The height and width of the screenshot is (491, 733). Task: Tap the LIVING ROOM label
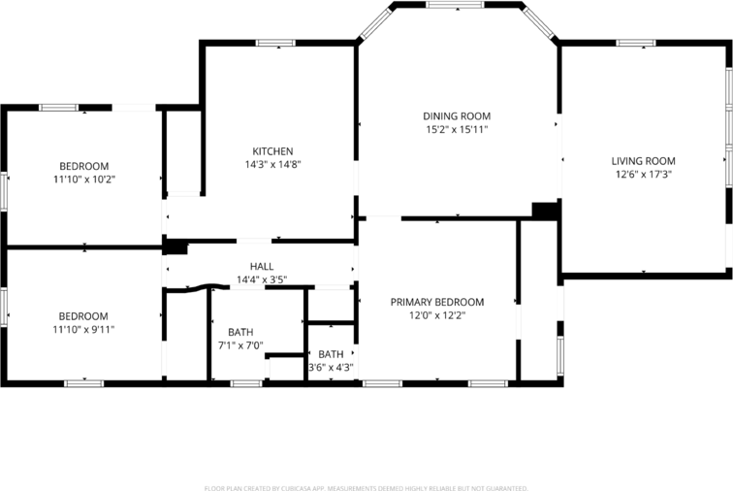click(643, 161)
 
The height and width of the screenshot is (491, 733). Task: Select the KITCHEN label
click(272, 151)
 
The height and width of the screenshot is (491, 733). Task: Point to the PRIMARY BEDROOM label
click(437, 303)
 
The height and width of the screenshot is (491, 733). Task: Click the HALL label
click(262, 267)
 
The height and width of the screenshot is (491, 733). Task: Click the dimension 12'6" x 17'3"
click(643, 175)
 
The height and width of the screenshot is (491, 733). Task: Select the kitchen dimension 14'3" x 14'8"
click(272, 165)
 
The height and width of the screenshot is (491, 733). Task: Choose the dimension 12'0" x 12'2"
click(437, 316)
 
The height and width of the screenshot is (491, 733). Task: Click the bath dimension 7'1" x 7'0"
click(240, 346)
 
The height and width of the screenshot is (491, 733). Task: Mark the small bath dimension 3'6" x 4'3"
click(331, 368)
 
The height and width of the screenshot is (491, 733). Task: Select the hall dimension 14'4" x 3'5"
click(262, 280)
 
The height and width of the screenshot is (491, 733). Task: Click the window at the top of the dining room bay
click(455, 6)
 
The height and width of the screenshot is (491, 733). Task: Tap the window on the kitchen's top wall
click(275, 43)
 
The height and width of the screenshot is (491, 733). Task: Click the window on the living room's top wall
click(636, 43)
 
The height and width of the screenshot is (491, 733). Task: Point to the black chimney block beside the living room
click(546, 211)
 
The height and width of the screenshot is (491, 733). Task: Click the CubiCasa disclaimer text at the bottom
click(366, 488)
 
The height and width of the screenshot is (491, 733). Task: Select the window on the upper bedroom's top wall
click(59, 107)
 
